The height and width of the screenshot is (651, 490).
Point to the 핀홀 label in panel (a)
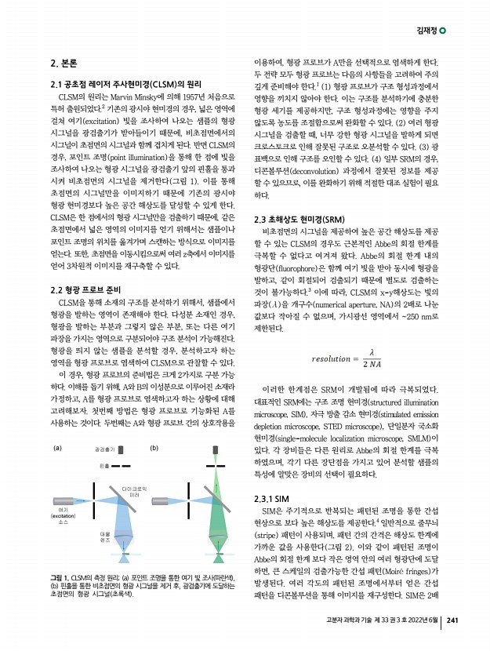(104, 466)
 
